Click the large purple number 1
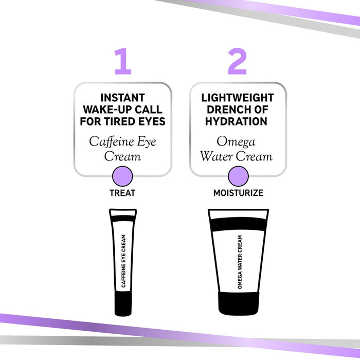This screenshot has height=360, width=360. pyautogui.click(x=122, y=62)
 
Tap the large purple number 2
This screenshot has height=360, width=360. pyautogui.click(x=237, y=62)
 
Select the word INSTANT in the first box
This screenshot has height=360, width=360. pyautogui.click(x=122, y=98)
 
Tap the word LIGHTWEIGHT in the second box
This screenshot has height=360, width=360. pyautogui.click(x=238, y=98)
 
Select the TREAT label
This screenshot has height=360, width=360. pyautogui.click(x=122, y=193)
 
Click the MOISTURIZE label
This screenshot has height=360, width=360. pyautogui.click(x=238, y=193)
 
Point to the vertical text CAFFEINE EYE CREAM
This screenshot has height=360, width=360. pyautogui.click(x=123, y=261)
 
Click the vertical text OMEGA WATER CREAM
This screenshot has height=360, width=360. pyautogui.click(x=239, y=261)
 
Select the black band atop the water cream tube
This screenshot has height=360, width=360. pyautogui.click(x=238, y=224)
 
